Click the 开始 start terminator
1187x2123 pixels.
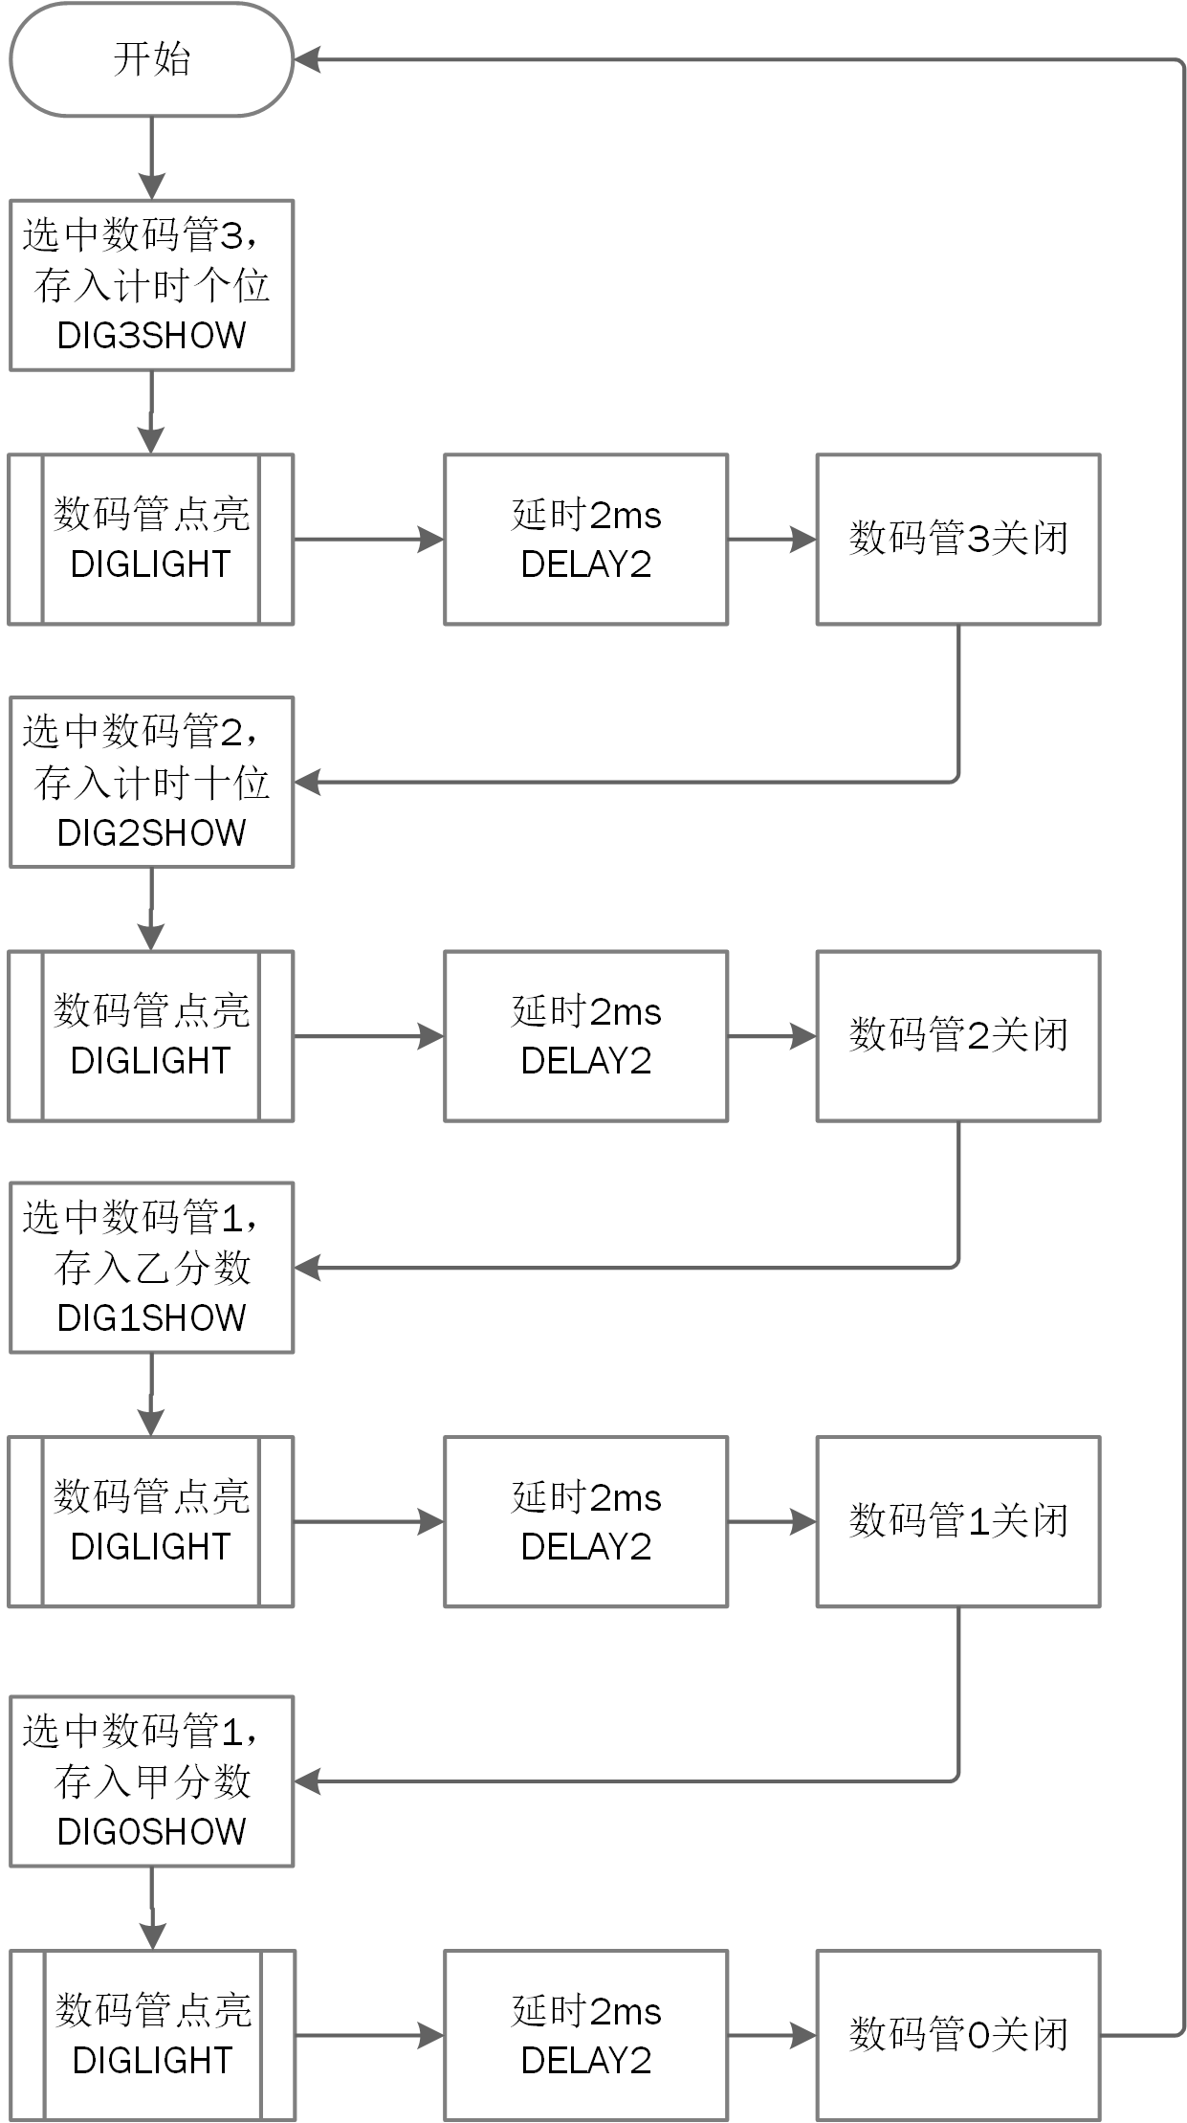pos(151,59)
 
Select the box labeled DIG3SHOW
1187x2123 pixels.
pos(151,285)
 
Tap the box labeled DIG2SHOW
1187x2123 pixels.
pos(151,782)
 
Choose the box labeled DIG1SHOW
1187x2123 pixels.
pos(151,1267)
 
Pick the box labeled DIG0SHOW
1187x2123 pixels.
pos(151,1780)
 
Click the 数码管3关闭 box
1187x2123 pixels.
pos(957,539)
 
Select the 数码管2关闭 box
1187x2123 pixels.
pos(957,1035)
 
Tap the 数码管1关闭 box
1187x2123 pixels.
pos(957,1521)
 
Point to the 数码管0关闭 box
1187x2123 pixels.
pos(957,2035)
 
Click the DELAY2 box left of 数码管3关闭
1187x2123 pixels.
pos(585,539)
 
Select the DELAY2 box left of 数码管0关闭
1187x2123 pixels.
pos(585,2035)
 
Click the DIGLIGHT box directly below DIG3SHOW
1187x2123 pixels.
pos(151,539)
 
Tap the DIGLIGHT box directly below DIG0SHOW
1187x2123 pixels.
pos(151,2035)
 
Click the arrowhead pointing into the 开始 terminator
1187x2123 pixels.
pos(306,59)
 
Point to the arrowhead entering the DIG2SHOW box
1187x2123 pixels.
pos(307,782)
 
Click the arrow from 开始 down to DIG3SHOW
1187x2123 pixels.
pos(151,153)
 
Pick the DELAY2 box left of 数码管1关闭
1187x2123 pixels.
pos(585,1521)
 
